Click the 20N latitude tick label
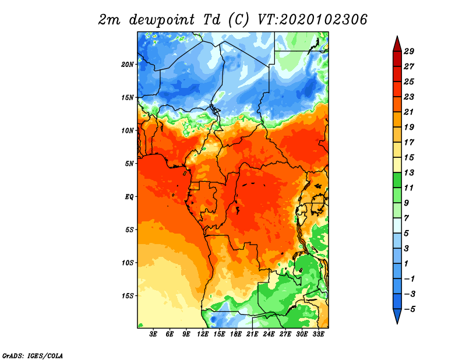tap(127, 65)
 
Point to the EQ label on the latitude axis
tap(129, 197)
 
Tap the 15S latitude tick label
tap(127, 296)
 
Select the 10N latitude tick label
tap(127, 130)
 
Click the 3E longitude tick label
tap(153, 334)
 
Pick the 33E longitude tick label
tap(318, 334)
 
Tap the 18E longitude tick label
tap(236, 334)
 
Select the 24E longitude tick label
tap(269, 334)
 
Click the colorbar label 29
tap(409, 51)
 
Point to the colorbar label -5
tap(409, 309)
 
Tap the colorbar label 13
tap(409, 172)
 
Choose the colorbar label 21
tap(409, 112)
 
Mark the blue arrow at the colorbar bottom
tap(397, 316)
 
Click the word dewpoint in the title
tap(162, 20)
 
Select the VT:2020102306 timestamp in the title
tap(312, 20)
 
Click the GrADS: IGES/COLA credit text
tap(33, 355)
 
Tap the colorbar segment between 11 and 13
tap(397, 180)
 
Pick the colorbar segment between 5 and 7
tap(397, 225)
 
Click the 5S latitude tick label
tap(129, 230)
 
